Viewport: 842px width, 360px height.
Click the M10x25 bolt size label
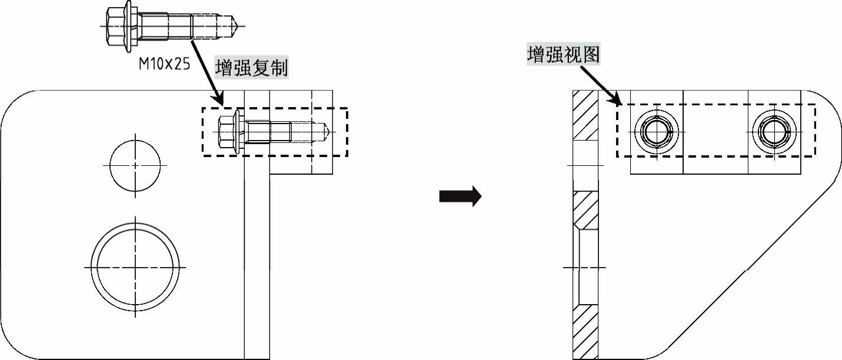coord(164,64)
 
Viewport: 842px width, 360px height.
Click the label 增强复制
coord(251,68)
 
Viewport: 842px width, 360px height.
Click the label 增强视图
coord(563,55)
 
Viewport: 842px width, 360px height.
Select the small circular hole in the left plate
coord(135,166)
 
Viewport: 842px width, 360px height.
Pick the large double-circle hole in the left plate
coord(135,268)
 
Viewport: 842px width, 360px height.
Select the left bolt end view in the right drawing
coord(657,131)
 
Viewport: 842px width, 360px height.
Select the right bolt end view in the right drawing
coord(774,131)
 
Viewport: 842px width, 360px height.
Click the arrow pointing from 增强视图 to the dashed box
coord(600,85)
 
